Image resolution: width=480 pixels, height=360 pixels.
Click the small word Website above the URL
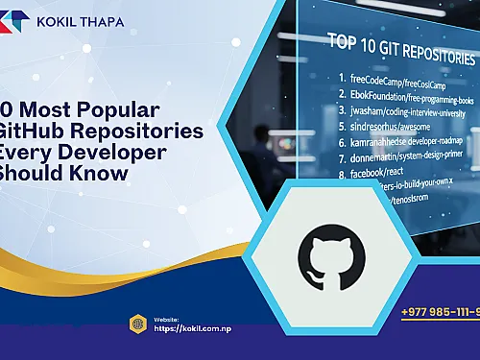click(165, 319)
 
